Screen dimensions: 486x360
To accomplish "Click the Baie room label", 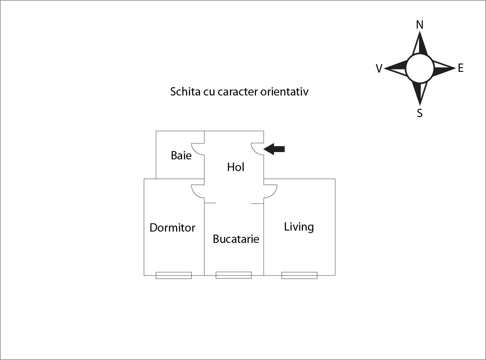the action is pyautogui.click(x=181, y=155).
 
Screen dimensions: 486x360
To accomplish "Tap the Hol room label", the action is pyautogui.click(x=236, y=167).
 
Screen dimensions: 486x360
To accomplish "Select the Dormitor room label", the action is pyautogui.click(x=172, y=228).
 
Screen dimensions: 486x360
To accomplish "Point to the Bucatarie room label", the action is pyautogui.click(x=236, y=239).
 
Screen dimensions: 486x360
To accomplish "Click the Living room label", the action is pyautogui.click(x=299, y=227).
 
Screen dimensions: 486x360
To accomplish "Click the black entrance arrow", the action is pyautogui.click(x=274, y=149).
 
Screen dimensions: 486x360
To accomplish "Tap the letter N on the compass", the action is pyautogui.click(x=420, y=25).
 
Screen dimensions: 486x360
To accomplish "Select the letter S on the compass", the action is pyautogui.click(x=420, y=113).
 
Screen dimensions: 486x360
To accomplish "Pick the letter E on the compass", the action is pyautogui.click(x=461, y=68).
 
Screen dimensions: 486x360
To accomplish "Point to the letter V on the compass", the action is pyautogui.click(x=379, y=69).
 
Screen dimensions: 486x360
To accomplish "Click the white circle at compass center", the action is pyautogui.click(x=420, y=68).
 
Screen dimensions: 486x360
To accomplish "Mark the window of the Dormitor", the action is pyautogui.click(x=174, y=275).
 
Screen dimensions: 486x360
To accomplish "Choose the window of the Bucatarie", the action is pyautogui.click(x=234, y=275).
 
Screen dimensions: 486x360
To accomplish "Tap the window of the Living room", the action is pyautogui.click(x=299, y=275).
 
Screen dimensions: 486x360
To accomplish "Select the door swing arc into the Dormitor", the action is pyautogui.click(x=194, y=193).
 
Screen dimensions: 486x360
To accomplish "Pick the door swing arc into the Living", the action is pyautogui.click(x=275, y=193).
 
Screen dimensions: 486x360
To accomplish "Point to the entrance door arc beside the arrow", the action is pyautogui.click(x=253, y=151).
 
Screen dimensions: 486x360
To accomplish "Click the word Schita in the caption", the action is pyautogui.click(x=185, y=91).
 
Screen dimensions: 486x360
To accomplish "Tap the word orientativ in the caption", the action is pyautogui.click(x=284, y=91).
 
